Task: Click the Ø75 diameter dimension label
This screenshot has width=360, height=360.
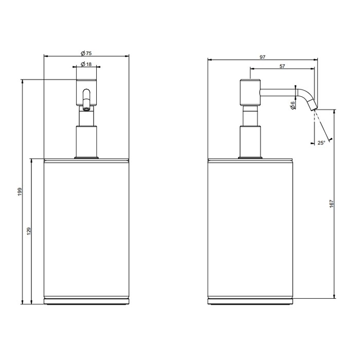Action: (x=86, y=52)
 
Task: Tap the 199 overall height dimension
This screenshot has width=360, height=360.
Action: (x=19, y=191)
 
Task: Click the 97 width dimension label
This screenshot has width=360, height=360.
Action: (x=262, y=58)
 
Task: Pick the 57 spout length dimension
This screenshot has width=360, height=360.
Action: (x=282, y=66)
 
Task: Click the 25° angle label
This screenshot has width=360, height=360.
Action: (x=321, y=142)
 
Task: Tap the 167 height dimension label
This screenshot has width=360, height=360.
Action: (x=332, y=204)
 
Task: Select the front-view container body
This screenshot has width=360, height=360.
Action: (x=86, y=229)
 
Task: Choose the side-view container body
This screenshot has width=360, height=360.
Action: (x=250, y=229)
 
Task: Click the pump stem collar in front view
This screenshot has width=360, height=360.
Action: (x=86, y=141)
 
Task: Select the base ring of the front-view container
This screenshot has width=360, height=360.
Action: (x=86, y=301)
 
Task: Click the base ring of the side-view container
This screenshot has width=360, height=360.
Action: (x=250, y=301)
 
